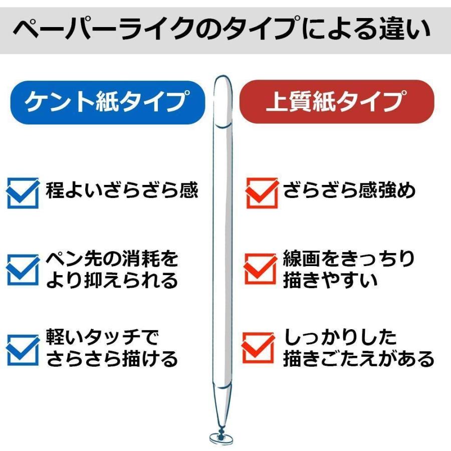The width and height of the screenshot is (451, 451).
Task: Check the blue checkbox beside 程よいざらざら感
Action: (x=23, y=193)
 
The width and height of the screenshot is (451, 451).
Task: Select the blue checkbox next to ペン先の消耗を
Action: (x=23, y=270)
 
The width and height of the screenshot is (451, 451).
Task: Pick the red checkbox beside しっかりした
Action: (x=259, y=347)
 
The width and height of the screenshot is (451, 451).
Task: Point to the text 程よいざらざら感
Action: (x=122, y=190)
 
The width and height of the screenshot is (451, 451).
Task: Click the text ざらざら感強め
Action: (x=349, y=190)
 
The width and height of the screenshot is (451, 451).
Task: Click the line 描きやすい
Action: (x=330, y=280)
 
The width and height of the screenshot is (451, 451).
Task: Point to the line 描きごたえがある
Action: (x=358, y=359)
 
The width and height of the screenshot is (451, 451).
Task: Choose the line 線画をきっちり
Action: (x=349, y=259)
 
